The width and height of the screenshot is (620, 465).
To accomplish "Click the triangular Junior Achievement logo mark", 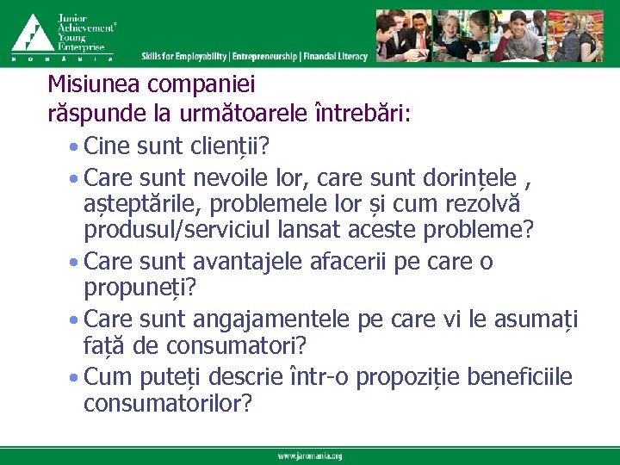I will (x=31, y=33).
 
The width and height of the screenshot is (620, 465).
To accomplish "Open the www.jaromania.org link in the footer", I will (x=309, y=456).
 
